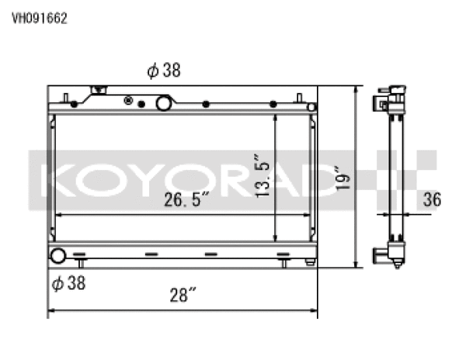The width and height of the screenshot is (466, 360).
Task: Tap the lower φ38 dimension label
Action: pyautogui.click(x=68, y=283)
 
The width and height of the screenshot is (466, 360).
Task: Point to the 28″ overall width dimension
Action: pyautogui.click(x=183, y=295)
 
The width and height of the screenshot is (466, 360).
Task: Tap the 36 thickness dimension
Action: pyautogui.click(x=432, y=199)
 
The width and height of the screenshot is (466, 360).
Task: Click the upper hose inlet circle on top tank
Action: pyautogui.click(x=164, y=103)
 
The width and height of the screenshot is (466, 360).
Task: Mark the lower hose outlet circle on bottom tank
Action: pyautogui.click(x=57, y=255)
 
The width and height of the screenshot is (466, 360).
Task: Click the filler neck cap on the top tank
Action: pyautogui.click(x=99, y=91)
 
